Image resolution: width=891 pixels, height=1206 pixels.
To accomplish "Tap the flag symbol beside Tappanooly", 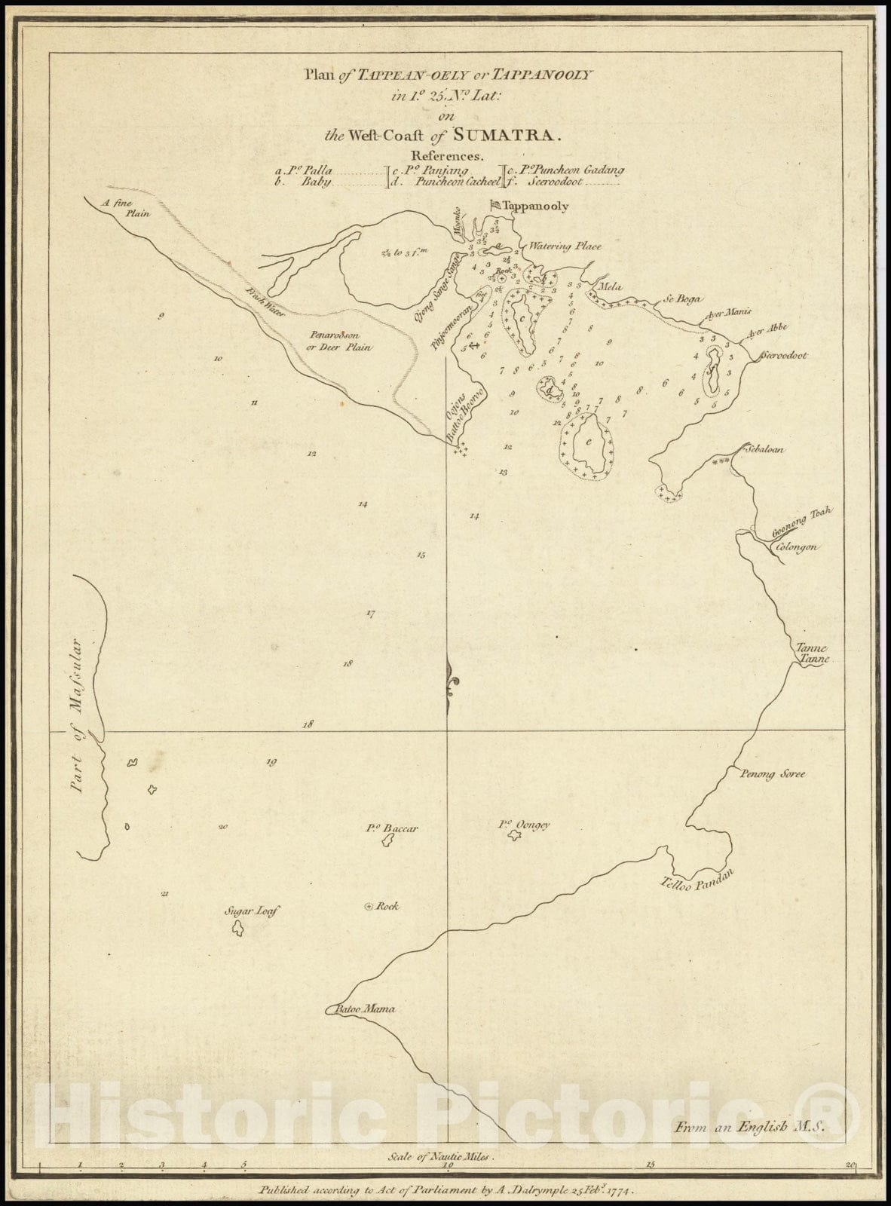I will (495, 204).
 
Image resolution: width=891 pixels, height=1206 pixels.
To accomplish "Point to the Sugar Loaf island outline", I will (237, 929).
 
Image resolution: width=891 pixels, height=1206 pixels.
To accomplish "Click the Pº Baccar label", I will (392, 828).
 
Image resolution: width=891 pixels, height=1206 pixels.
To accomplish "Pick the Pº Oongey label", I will (524, 825).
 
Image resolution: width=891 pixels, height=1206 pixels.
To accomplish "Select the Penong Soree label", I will (772, 774).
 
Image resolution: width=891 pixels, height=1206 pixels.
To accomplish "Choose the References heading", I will (445, 156).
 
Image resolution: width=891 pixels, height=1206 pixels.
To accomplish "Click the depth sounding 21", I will (164, 895).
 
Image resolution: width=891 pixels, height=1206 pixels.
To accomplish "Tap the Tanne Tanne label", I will (813, 654).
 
